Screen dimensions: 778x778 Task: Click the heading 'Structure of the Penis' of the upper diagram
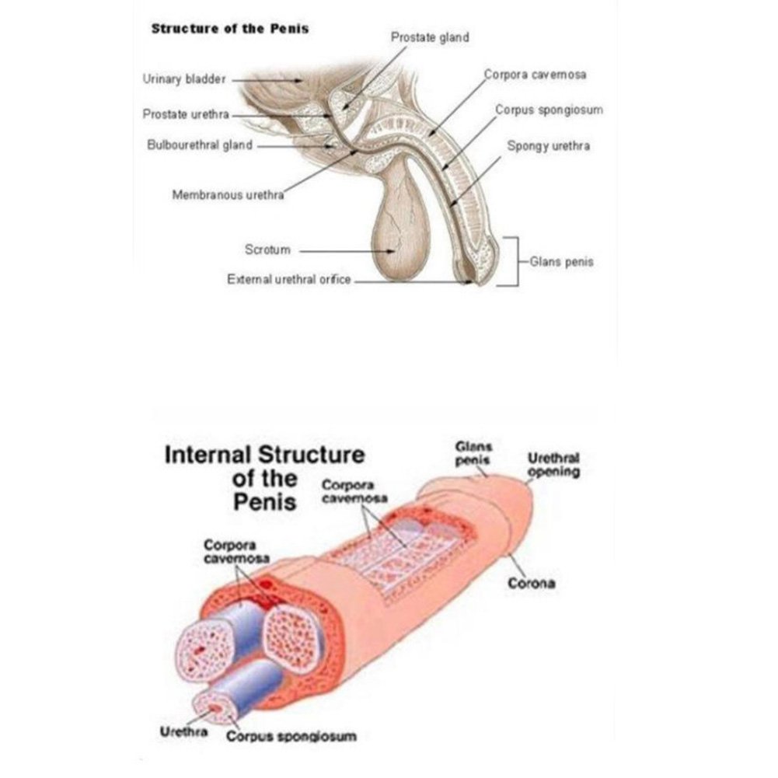tap(229, 29)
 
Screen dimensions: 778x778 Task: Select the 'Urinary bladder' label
tap(184, 78)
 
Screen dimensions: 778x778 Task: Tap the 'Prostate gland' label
tap(430, 37)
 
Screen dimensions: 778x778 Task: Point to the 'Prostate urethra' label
tap(186, 114)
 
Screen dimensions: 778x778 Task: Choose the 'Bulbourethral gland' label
tap(200, 145)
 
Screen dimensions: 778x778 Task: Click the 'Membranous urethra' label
tap(228, 195)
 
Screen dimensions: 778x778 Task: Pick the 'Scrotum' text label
tap(267, 250)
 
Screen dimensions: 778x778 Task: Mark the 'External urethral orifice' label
tap(289, 279)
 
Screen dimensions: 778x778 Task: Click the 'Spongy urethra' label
tap(549, 145)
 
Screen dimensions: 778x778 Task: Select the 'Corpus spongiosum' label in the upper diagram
tap(549, 110)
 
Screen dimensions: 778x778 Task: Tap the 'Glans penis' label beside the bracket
tap(561, 262)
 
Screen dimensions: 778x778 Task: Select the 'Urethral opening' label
tap(554, 465)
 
